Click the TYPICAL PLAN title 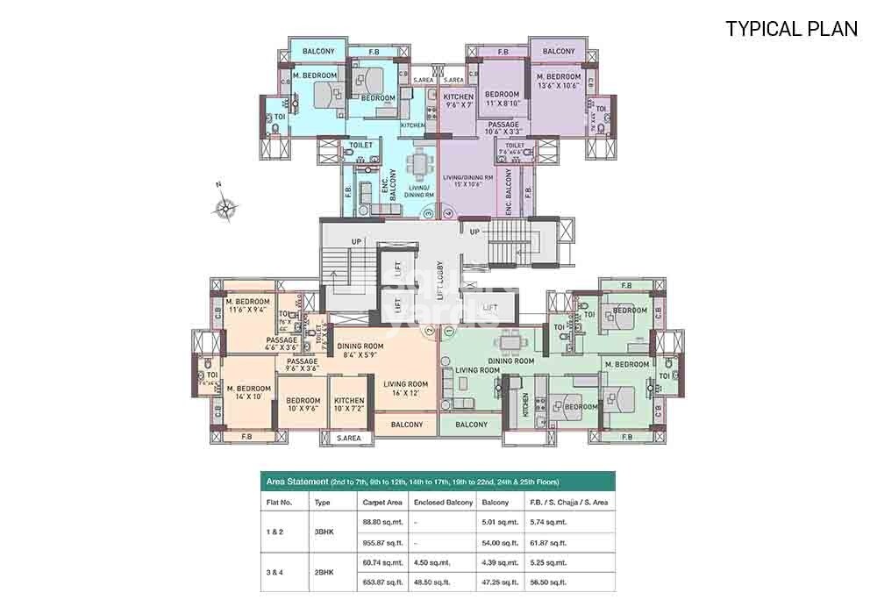pos(791,28)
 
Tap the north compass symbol pos(225,207)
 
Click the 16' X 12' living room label pos(405,389)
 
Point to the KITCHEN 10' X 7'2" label pos(349,405)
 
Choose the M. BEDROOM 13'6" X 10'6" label pos(559,82)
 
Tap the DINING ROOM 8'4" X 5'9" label pos(362,351)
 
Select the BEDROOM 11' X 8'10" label pos(503,99)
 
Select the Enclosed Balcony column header pos(443,503)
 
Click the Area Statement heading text pos(297,482)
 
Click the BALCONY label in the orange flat pos(407,425)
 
